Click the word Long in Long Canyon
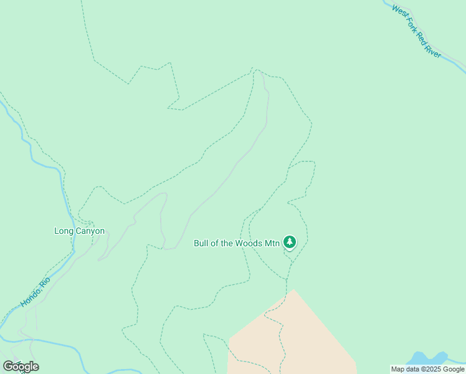pos(64,231)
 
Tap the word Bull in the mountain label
pos(201,243)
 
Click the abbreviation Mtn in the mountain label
pos(272,243)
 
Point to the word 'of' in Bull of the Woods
pos(215,243)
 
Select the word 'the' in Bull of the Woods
pos(227,243)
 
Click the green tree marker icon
pos(289,242)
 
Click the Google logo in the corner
pos(21,367)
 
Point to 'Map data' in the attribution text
pos(404,370)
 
